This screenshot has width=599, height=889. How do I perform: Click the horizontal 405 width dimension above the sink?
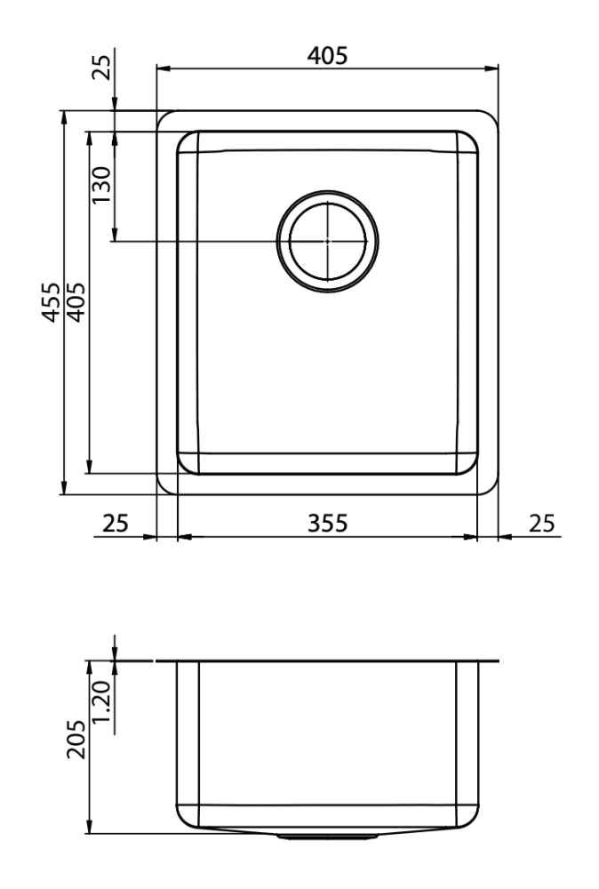(327, 55)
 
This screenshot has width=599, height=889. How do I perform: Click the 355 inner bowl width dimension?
(328, 524)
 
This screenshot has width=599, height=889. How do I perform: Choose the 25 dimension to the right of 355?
(541, 524)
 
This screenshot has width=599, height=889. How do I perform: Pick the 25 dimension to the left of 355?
(116, 524)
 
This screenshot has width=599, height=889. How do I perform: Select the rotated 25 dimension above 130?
(104, 68)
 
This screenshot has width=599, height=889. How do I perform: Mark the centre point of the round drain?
(328, 241)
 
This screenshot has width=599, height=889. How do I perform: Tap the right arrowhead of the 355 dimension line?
(470, 537)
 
